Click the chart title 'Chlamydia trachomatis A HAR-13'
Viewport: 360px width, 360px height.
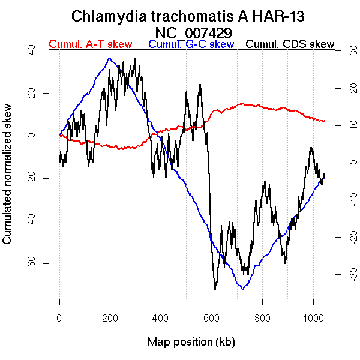coord(191,16)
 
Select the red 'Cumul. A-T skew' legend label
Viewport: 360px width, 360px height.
coord(90,44)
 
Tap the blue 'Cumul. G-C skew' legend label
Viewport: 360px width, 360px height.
coord(191,44)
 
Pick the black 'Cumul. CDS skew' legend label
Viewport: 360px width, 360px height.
coord(290,44)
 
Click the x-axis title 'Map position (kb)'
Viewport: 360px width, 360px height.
coord(191,342)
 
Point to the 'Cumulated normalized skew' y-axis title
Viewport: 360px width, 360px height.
coord(8,180)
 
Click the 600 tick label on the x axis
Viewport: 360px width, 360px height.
coord(212,317)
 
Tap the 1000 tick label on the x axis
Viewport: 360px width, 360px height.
coord(313,317)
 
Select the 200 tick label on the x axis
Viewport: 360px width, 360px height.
coord(110,317)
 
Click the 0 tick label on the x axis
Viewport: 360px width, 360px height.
coord(59,317)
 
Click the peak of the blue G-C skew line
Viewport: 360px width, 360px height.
coord(109,58)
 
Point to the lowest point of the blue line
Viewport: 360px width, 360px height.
coord(242,289)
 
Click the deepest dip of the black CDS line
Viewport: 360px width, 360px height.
coord(215,289)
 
